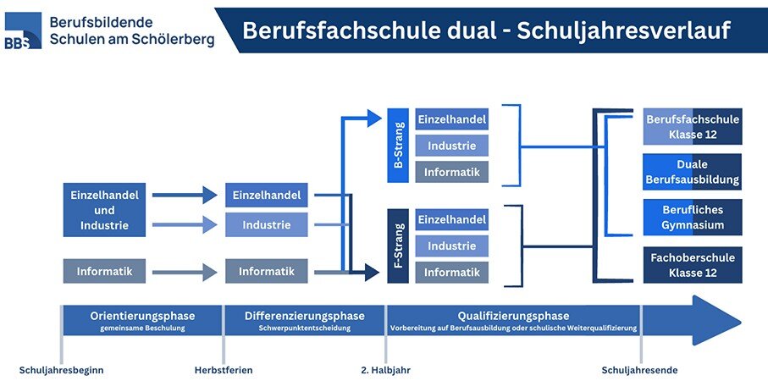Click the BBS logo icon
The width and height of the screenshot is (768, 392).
[23, 31]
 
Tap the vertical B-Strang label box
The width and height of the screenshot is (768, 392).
[398, 145]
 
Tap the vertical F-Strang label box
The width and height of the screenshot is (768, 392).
[398, 246]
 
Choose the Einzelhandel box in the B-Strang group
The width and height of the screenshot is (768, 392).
[451, 119]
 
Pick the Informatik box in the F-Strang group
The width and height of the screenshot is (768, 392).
[451, 273]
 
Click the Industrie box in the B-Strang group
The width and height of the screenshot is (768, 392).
[451, 146]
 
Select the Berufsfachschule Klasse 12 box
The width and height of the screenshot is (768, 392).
[693, 126]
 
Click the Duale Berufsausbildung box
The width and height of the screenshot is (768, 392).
[693, 171]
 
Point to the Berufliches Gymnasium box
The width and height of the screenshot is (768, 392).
[693, 217]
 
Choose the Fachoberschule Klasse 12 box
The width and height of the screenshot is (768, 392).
[693, 265]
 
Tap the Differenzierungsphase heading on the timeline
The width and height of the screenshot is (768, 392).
[304, 316]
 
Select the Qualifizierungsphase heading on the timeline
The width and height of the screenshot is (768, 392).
[514, 316]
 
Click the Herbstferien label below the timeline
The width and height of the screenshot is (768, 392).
[224, 370]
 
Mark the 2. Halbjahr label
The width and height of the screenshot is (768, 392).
[386, 370]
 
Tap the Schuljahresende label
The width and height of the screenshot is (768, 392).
[639, 370]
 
